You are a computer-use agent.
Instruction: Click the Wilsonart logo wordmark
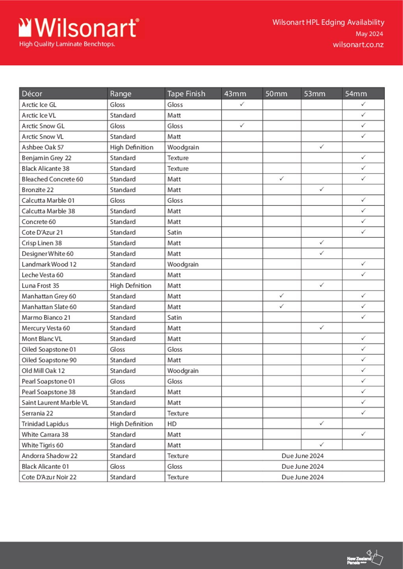79,28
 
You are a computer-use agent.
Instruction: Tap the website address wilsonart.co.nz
358,44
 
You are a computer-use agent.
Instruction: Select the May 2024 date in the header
369,34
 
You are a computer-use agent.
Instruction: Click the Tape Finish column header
186,94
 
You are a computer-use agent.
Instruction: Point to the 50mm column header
276,94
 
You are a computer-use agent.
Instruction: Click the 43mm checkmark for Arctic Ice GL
242,104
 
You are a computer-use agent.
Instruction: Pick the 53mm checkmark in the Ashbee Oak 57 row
322,147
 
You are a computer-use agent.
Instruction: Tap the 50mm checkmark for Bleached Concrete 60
281,178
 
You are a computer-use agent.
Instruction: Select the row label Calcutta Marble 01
48,200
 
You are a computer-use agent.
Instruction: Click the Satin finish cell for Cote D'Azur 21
175,232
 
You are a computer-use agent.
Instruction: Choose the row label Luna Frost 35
41,286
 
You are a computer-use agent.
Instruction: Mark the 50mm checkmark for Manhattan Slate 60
281,306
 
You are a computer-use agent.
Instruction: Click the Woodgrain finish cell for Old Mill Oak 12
183,371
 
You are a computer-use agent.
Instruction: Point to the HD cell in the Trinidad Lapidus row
172,424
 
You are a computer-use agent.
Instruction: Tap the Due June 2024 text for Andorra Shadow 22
303,456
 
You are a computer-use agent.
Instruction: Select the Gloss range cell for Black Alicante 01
118,466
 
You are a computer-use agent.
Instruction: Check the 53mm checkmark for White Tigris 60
322,444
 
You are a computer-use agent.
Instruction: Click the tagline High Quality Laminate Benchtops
67,44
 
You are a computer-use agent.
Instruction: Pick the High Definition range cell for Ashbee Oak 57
132,147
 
